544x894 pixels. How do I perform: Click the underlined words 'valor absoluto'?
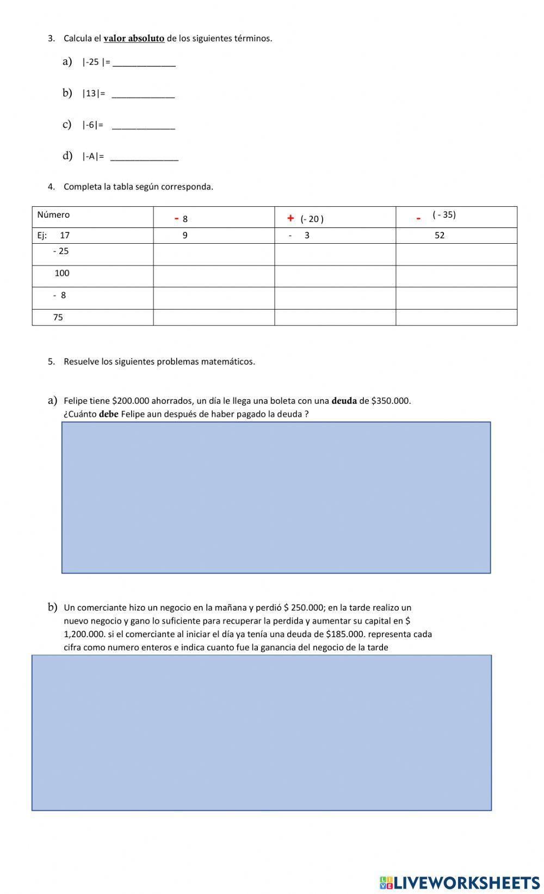[x=134, y=38]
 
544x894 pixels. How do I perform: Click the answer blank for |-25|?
[x=144, y=63]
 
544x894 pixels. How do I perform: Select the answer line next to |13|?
[x=143, y=94]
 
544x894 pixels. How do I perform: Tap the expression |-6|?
[x=92, y=125]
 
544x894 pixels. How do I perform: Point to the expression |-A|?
[x=92, y=157]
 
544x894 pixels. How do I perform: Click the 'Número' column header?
[x=53, y=214]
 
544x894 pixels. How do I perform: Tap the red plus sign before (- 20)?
[x=290, y=218]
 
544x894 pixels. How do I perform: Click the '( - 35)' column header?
[x=444, y=214]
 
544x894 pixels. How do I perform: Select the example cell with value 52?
[x=440, y=235]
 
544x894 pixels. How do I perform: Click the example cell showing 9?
[x=185, y=235]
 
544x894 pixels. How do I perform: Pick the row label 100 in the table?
[x=62, y=273]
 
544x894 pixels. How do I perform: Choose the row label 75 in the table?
[x=58, y=317]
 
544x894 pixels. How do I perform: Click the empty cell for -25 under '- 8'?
[x=213, y=254]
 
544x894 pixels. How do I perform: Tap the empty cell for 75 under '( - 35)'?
[x=456, y=317]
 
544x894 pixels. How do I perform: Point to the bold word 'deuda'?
[x=344, y=400]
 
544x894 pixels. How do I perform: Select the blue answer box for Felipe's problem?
[x=276, y=497]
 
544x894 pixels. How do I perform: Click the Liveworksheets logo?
[x=460, y=883]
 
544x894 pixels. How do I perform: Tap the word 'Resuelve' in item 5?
[x=81, y=361]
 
